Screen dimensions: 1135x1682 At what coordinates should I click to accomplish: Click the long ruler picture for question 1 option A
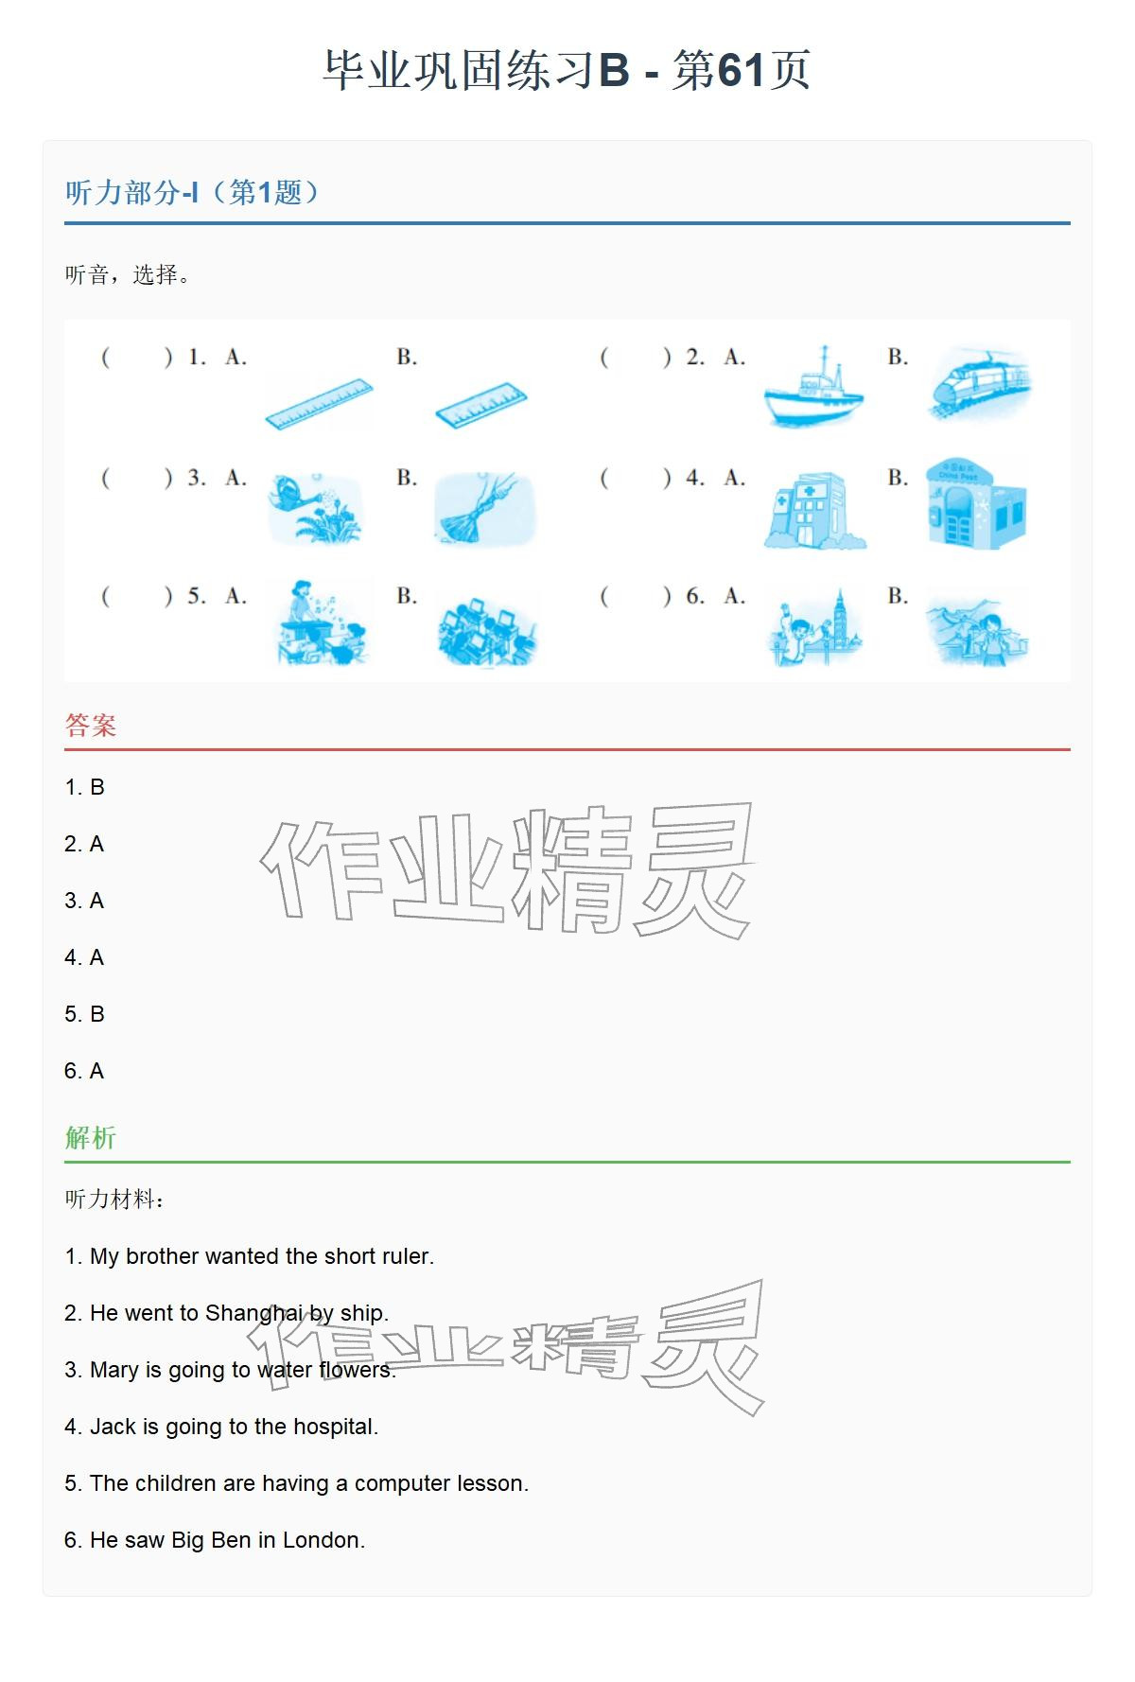[319, 404]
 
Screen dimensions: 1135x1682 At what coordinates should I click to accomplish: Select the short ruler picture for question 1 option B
[480, 405]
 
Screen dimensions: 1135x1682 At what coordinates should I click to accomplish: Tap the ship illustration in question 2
[813, 388]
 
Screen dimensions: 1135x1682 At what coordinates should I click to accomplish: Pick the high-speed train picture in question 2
[979, 383]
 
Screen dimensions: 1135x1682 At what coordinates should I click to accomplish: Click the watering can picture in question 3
[315, 508]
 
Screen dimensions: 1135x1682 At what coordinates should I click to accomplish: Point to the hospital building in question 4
[814, 511]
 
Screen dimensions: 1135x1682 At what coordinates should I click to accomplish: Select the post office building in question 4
[976, 503]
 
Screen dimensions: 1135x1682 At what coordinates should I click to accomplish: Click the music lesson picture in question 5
[321, 622]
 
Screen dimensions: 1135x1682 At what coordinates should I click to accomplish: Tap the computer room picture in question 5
[487, 629]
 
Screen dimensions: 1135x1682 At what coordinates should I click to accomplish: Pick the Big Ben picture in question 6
[814, 626]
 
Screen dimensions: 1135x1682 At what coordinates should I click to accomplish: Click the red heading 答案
[91, 726]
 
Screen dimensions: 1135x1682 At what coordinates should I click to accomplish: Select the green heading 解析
[91, 1137]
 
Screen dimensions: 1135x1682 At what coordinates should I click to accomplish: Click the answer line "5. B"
[84, 1014]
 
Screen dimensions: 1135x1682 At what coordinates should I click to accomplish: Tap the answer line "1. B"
[84, 787]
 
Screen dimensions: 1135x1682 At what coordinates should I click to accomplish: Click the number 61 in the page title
[742, 70]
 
